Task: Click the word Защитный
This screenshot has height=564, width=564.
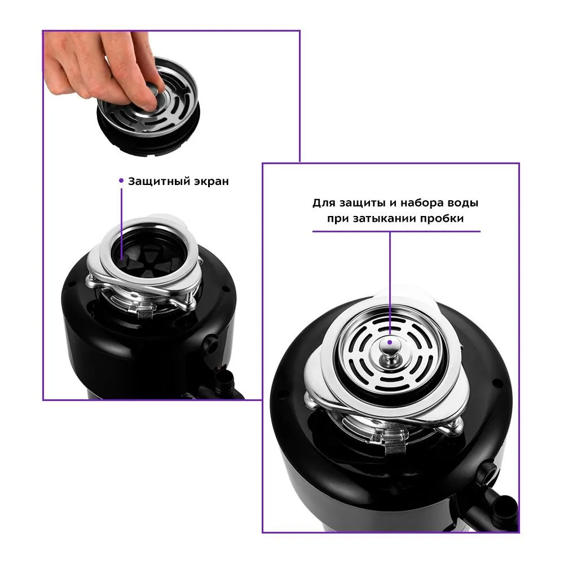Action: [160, 182]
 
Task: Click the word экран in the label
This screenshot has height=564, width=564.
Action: [211, 182]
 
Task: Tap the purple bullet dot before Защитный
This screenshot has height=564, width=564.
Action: [121, 180]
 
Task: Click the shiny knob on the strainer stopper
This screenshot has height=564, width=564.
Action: [390, 348]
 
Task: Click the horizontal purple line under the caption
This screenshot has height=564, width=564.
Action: [396, 232]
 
